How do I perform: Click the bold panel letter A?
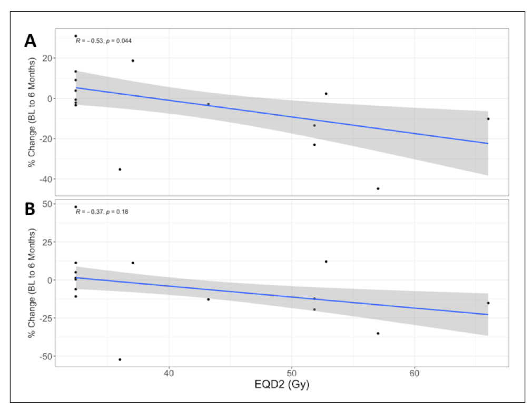click(x=30, y=41)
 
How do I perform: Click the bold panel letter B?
click(x=30, y=209)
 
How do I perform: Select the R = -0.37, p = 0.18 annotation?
click(x=102, y=212)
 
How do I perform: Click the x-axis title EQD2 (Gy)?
click(x=282, y=385)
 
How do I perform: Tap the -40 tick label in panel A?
click(x=46, y=179)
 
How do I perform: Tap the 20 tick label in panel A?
click(x=47, y=58)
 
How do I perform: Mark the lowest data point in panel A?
click(x=378, y=188)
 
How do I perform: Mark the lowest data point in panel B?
click(x=120, y=359)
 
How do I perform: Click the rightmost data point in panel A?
click(x=488, y=119)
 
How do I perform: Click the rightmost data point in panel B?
click(x=488, y=303)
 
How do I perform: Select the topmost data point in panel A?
click(x=76, y=36)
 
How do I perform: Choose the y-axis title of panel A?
click(x=33, y=112)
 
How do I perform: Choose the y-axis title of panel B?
click(x=33, y=283)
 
